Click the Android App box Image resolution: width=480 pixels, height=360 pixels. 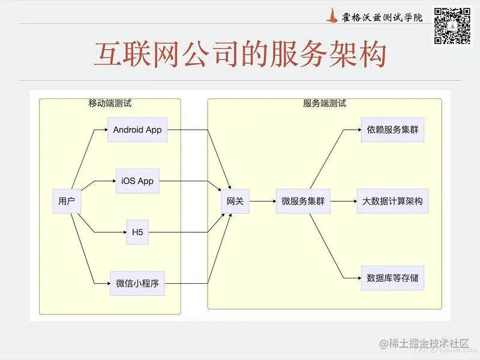coord(137,130)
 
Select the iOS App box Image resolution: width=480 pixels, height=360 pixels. coord(137,181)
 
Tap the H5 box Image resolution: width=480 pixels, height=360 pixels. coord(137,232)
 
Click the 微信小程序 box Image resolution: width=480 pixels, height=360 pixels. coord(137,284)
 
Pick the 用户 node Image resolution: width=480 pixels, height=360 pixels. coord(67,202)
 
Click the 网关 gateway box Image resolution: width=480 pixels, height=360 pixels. coord(235,202)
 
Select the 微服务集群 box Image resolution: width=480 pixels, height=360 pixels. coord(303,202)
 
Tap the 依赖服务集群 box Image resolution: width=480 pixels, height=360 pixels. coord(392,130)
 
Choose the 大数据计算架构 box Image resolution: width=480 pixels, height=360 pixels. coord(392,202)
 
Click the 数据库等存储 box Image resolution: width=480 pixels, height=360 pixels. coord(392,278)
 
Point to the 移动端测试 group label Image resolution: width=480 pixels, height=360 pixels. coord(110,103)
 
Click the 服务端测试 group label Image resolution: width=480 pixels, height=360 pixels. coord(325,103)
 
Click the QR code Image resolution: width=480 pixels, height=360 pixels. coord(452,25)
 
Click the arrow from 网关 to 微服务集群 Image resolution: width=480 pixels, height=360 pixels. coord(262,202)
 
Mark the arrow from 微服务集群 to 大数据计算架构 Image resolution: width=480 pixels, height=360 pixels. coord(343,202)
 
